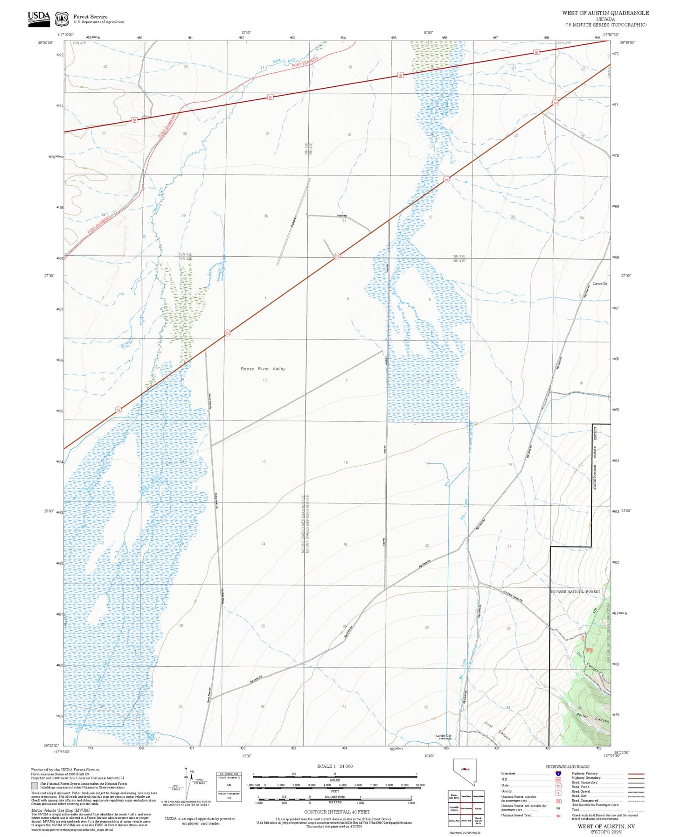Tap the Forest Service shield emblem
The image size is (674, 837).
coord(61,19)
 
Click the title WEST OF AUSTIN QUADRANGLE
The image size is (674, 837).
coord(605,13)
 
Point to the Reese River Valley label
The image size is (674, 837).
coord(263,369)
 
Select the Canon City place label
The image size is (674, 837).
coord(600,283)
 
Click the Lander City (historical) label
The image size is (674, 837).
coord(444,737)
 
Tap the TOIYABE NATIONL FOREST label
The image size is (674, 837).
coord(575,592)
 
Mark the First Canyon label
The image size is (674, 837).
coord(497,731)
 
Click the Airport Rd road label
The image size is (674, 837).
coord(341,216)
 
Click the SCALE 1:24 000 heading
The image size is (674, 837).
coord(334,766)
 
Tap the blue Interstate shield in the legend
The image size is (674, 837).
coord(558,773)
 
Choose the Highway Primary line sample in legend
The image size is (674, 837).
coord(636,774)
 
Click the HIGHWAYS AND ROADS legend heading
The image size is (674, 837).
coord(567,767)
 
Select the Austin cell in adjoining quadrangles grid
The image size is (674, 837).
coord(478,808)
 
